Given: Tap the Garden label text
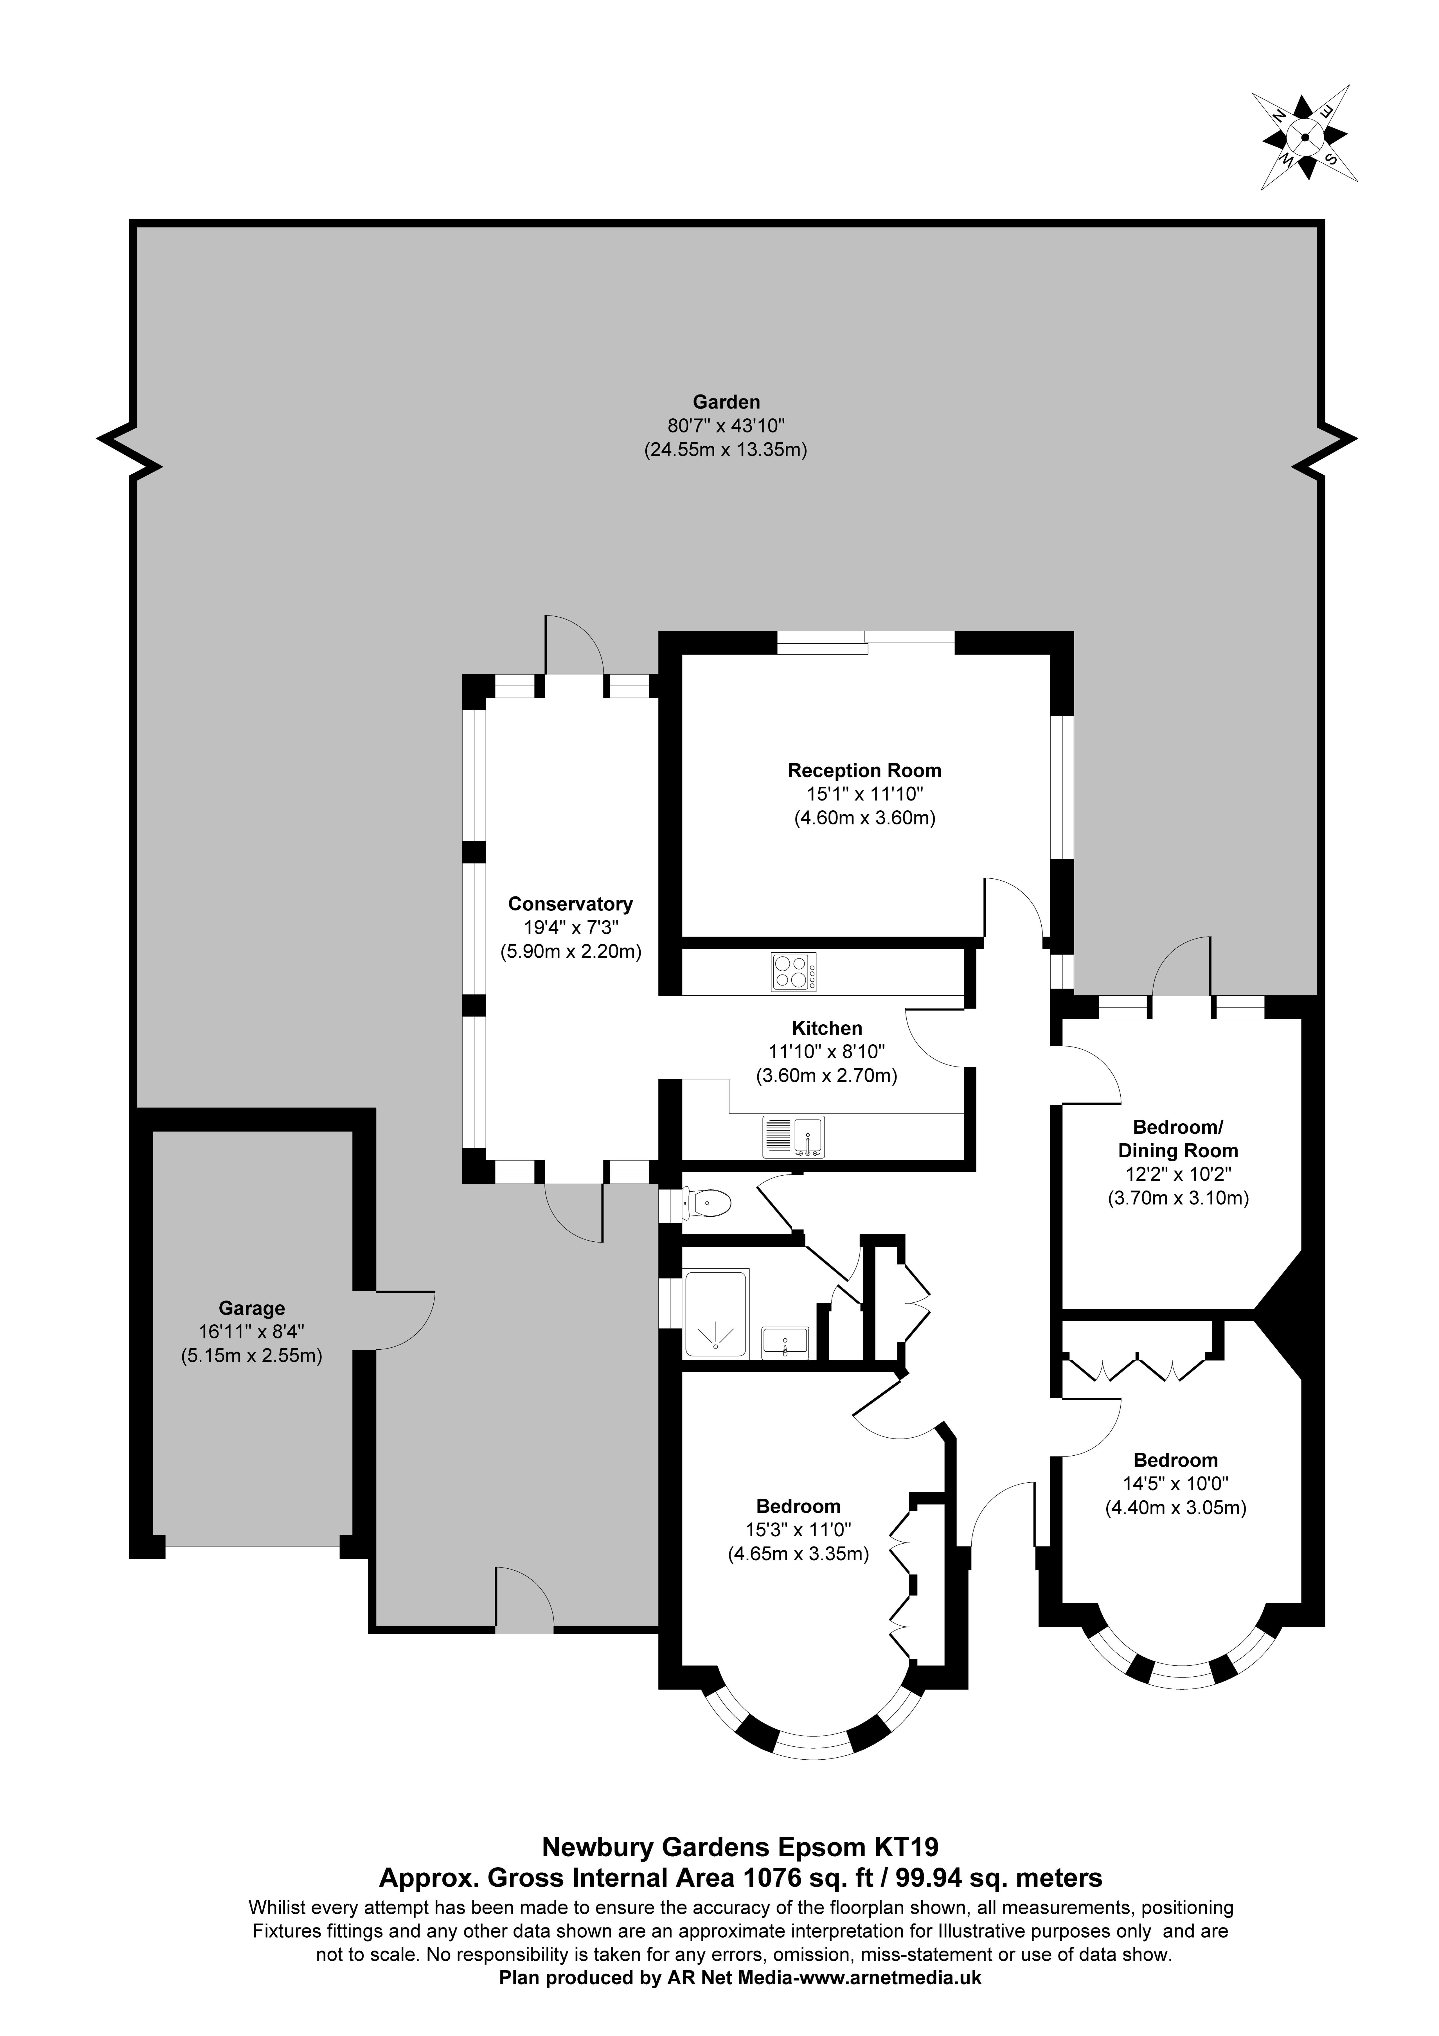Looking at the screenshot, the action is (x=726, y=403).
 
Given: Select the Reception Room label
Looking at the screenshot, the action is (x=864, y=771).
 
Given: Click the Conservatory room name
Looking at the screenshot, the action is (x=570, y=904).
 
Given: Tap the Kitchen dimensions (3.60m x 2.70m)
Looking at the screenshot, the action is (x=826, y=1076).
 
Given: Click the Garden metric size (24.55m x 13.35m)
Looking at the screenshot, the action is (x=725, y=450).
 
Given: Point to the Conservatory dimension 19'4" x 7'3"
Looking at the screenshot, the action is (x=570, y=928).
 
